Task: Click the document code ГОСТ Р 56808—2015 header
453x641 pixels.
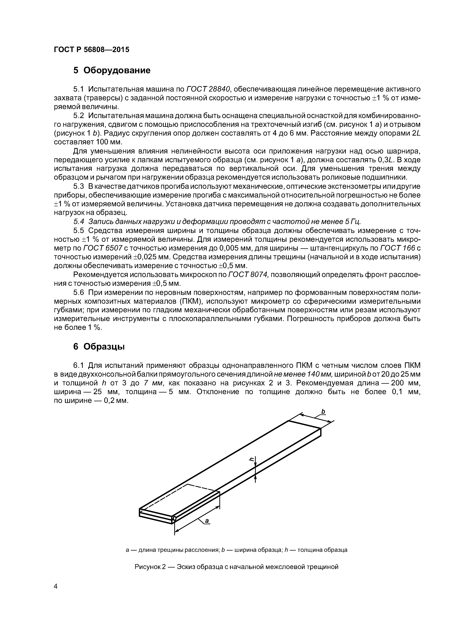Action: [x=91, y=50]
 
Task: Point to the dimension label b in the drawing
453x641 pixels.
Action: [x=323, y=411]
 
